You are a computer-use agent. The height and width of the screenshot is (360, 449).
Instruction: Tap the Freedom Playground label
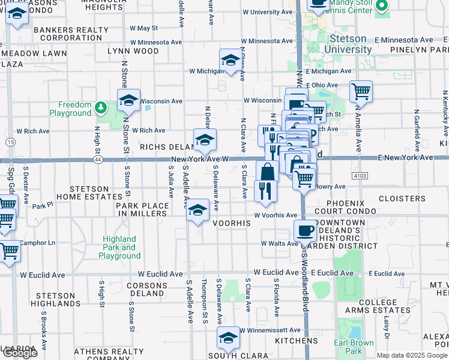coord(70,109)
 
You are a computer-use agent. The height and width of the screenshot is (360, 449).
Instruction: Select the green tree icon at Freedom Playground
coord(101,108)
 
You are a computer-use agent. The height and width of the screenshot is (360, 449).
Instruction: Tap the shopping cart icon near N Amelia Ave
coord(361,91)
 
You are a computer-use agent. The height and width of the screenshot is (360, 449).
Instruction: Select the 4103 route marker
coord(360,175)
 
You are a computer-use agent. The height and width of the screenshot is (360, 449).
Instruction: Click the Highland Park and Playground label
coord(119,247)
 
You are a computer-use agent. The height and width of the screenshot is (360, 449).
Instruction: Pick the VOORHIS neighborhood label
coord(231,222)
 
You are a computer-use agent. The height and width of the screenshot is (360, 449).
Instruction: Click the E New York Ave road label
coord(405,157)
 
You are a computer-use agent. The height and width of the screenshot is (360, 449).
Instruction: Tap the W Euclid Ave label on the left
coord(43,275)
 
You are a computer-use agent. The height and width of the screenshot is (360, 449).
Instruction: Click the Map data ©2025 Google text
coord(412,355)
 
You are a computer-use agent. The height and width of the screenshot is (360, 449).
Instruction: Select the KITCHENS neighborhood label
coord(297,341)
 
